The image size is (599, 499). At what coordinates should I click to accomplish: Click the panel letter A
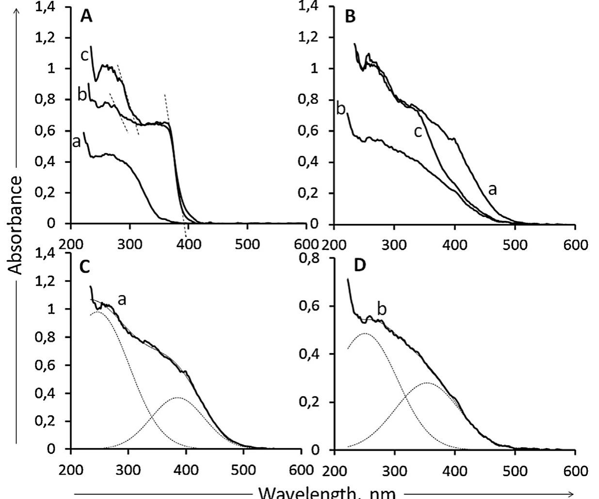[86, 16]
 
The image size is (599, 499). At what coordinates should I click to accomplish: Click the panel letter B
[350, 17]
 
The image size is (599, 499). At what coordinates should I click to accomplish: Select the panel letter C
[85, 267]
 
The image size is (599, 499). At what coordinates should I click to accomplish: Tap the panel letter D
[360, 266]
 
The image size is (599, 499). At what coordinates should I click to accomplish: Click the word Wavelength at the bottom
[301, 493]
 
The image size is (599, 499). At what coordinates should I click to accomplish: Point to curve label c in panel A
[84, 55]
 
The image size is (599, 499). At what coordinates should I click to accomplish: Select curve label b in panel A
[82, 94]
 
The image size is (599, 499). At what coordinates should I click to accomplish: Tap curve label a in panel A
[76, 142]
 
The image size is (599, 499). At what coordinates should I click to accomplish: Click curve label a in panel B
[492, 189]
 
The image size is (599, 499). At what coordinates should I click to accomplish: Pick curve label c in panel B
[418, 131]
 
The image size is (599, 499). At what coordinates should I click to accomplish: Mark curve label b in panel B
[341, 109]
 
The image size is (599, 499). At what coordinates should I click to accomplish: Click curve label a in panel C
[122, 299]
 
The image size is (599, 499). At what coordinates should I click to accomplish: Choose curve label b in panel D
[382, 309]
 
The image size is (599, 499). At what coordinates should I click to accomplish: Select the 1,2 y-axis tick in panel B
[315, 37]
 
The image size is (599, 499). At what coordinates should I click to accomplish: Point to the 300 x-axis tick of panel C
[128, 470]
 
